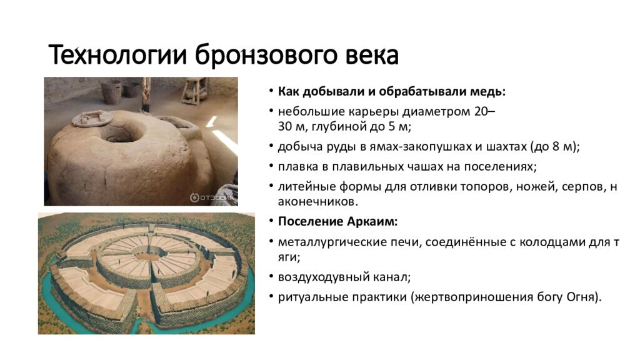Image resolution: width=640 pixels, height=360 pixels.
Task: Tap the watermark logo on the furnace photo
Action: pos(213,197)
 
